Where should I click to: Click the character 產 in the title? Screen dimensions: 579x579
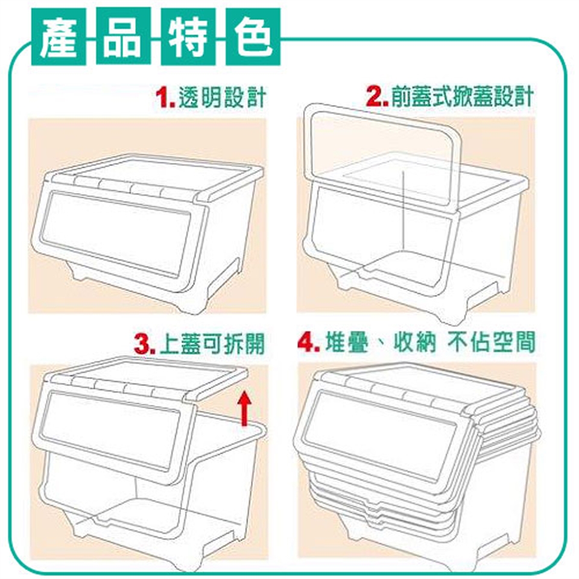(x=59, y=37)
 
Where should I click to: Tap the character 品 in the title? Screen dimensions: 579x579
(x=123, y=37)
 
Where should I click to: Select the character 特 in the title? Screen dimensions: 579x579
(x=188, y=37)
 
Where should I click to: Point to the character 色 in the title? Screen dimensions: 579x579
(x=253, y=37)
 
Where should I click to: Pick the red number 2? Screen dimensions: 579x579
(x=376, y=96)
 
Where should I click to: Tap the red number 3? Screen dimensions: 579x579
(x=145, y=344)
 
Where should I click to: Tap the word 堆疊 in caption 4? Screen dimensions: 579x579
(x=347, y=343)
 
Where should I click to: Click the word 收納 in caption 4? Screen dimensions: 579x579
(x=415, y=343)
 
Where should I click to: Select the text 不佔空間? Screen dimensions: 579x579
(x=492, y=343)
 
